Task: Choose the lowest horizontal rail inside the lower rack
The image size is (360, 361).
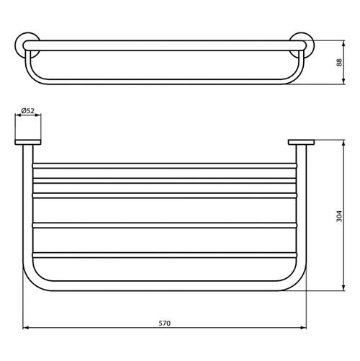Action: (x=165, y=254)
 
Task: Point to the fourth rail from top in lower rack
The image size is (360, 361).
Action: (x=165, y=225)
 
